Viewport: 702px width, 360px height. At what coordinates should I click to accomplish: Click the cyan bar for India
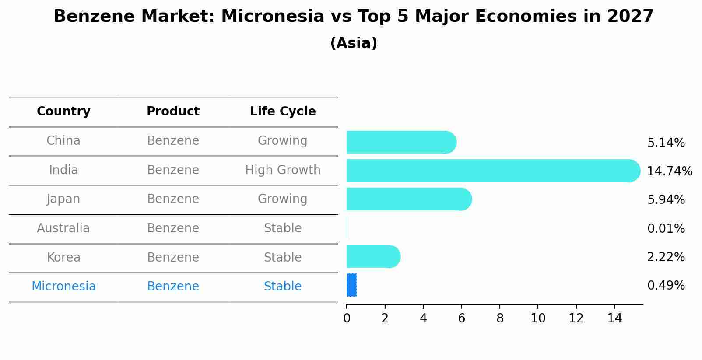pyautogui.click(x=493, y=171)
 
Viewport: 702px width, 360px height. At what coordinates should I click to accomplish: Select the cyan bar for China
pyautogui.click(x=401, y=142)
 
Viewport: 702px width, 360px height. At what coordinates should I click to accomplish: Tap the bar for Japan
pyautogui.click(x=409, y=199)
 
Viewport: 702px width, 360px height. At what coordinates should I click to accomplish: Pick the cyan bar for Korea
pyautogui.click(x=373, y=256)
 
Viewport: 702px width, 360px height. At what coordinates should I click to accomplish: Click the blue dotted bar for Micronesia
pyautogui.click(x=351, y=285)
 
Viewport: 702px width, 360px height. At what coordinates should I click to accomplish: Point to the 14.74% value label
pyautogui.click(x=670, y=171)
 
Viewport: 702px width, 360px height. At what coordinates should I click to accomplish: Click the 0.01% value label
pyautogui.click(x=666, y=228)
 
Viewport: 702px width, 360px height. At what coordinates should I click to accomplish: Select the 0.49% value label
pyautogui.click(x=666, y=285)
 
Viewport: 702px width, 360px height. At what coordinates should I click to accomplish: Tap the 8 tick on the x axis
pyautogui.click(x=500, y=318)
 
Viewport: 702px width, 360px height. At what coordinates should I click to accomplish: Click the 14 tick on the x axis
pyautogui.click(x=614, y=318)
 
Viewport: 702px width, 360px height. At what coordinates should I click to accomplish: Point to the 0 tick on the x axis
pyautogui.click(x=347, y=318)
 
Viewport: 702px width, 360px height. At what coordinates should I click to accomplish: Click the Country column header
pyautogui.click(x=63, y=112)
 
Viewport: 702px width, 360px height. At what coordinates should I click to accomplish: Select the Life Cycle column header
pyautogui.click(x=283, y=112)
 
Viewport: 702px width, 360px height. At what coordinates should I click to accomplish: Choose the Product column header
pyautogui.click(x=173, y=112)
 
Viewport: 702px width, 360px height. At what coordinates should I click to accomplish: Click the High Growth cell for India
pyautogui.click(x=283, y=170)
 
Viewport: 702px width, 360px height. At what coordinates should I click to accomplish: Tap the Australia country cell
pyautogui.click(x=63, y=228)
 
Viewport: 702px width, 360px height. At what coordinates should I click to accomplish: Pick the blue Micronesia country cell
pyautogui.click(x=63, y=286)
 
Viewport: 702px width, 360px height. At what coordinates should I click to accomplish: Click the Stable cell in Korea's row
pyautogui.click(x=283, y=257)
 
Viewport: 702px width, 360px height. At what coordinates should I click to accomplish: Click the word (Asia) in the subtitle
pyautogui.click(x=354, y=43)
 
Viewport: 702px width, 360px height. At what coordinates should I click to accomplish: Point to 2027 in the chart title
pyautogui.click(x=630, y=17)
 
